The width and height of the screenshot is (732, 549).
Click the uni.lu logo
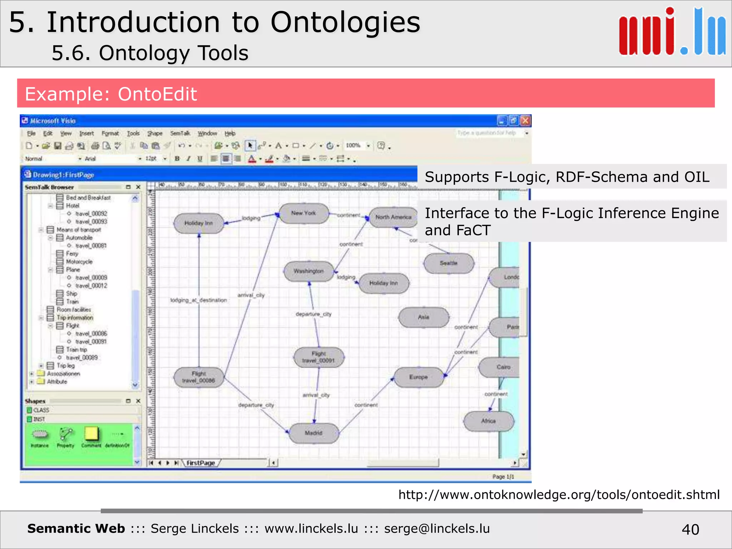pos(672,32)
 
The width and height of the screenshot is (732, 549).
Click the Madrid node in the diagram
pos(314,433)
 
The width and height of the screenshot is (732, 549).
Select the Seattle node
pos(449,263)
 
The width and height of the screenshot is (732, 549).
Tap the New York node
pos(303,213)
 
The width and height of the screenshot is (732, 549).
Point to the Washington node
pos(308,271)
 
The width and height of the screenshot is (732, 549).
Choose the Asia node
pos(424,317)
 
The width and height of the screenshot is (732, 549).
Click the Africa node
pos(488,421)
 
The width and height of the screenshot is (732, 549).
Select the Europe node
pos(419,377)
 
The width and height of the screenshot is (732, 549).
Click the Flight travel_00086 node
pos(199,377)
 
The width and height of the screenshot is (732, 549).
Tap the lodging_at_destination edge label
pos(199,300)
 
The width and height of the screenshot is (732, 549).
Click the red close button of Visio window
pos(525,121)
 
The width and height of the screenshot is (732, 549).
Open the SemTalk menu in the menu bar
pos(180,133)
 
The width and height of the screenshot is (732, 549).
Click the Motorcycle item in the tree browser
pos(79,262)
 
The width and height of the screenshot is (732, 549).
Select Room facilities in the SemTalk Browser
pos(74,310)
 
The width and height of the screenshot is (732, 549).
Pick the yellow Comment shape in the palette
pos(91,434)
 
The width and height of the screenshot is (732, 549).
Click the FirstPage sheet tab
pos(201,463)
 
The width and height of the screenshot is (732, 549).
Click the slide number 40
pos(690,529)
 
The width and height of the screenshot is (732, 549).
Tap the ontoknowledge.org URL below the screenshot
pos(559,495)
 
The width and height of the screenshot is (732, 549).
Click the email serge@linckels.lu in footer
pos(437,529)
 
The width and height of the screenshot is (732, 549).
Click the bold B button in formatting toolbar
pos(177,159)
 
